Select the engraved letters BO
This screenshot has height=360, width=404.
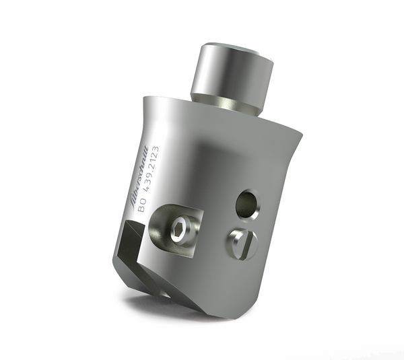click(141, 207)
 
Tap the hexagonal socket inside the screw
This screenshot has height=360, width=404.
click(178, 232)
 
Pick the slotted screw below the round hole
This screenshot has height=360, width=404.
click(243, 243)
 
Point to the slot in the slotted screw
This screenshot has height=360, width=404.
click(244, 243)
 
